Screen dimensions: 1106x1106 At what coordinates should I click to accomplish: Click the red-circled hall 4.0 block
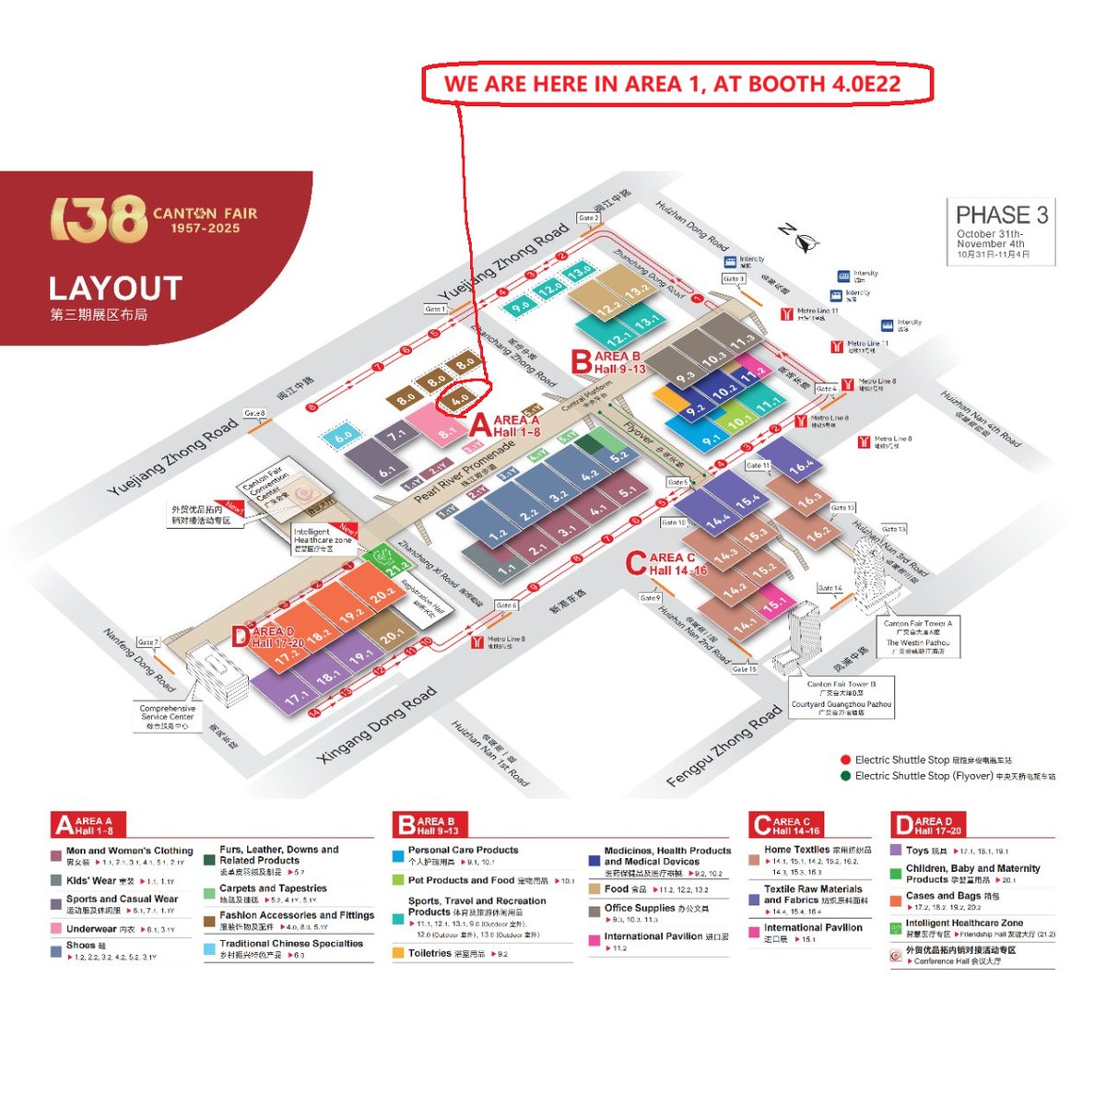[x=460, y=398]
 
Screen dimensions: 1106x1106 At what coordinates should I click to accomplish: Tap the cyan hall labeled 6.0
[x=343, y=435]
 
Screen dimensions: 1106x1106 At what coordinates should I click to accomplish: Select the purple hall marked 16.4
[x=800, y=465]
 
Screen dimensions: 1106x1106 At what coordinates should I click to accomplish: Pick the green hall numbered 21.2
[x=397, y=568]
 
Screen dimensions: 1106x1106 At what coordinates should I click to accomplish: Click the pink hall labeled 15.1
[x=773, y=603]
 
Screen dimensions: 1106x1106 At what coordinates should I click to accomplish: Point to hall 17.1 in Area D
[x=295, y=697]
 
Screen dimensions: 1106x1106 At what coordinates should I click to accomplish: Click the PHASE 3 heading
[x=1001, y=216]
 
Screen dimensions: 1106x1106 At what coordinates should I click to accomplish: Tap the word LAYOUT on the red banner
[x=115, y=288]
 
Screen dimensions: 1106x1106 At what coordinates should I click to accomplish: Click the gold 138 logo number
[x=99, y=219]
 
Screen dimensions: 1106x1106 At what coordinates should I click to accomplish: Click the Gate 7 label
[x=147, y=641]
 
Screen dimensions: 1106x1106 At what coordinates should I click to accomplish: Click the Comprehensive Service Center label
[x=167, y=717]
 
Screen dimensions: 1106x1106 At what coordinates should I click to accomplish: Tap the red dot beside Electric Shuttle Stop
[x=845, y=760]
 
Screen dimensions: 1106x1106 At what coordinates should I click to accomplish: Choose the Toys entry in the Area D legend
[x=917, y=851]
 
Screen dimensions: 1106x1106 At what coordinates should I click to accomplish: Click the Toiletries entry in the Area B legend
[x=429, y=953]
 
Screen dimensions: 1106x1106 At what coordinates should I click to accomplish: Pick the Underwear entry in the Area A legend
[x=91, y=929]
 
